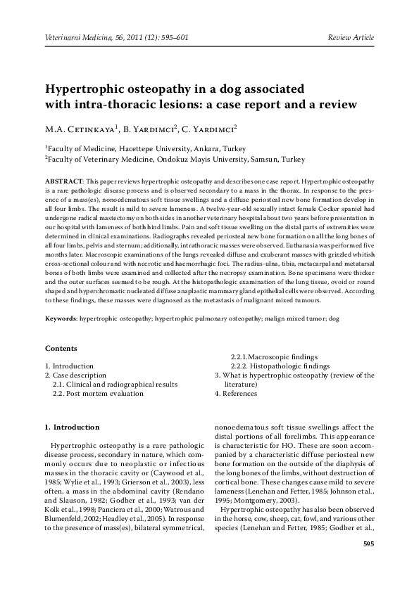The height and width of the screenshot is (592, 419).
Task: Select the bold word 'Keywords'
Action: (61, 318)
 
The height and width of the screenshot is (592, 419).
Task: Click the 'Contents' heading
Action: (61, 348)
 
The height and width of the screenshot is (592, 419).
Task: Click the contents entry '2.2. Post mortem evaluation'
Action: (98, 394)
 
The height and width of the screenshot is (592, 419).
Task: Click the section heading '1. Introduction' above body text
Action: (73, 427)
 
